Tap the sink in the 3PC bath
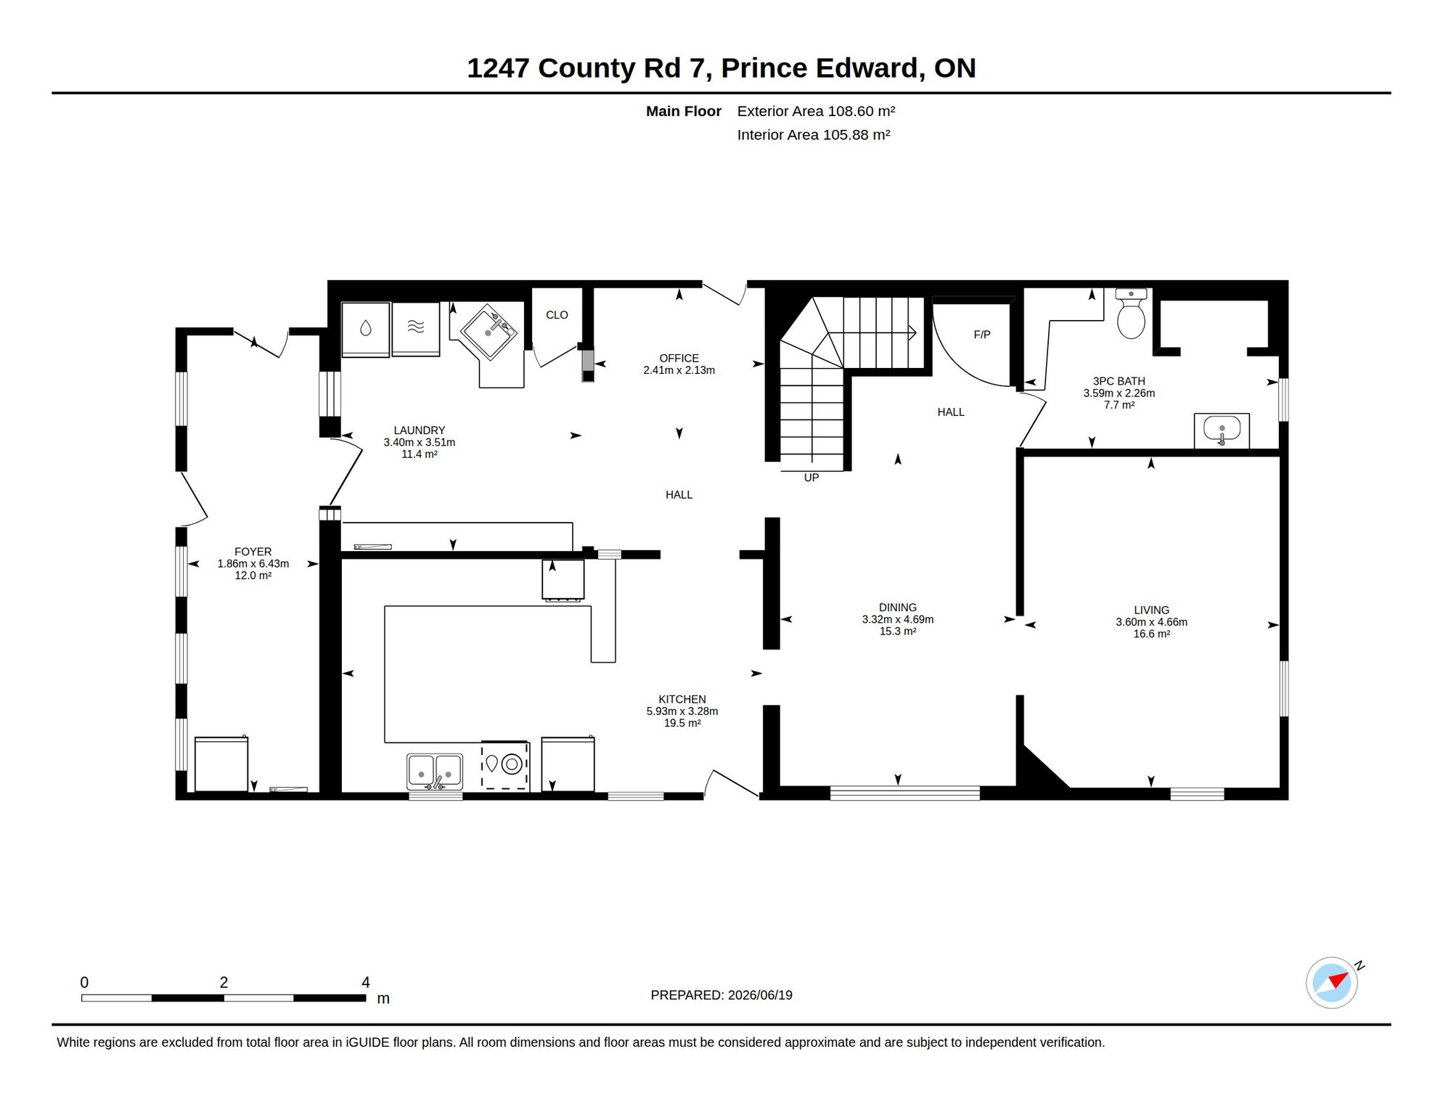pyautogui.click(x=1222, y=430)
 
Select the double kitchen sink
pyautogui.click(x=435, y=772)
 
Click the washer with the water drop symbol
pyautogui.click(x=366, y=330)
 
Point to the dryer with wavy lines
pyautogui.click(x=416, y=329)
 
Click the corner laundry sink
pyautogui.click(x=489, y=332)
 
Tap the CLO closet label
pyautogui.click(x=557, y=315)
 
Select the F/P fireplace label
pyautogui.click(x=982, y=335)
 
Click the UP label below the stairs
pyautogui.click(x=812, y=478)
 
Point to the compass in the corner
pyautogui.click(x=1332, y=983)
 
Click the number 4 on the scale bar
pyautogui.click(x=366, y=982)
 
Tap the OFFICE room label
pyautogui.click(x=679, y=359)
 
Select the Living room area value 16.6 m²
pyautogui.click(x=1151, y=634)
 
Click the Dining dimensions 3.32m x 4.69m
pyautogui.click(x=898, y=619)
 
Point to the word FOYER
pyautogui.click(x=253, y=552)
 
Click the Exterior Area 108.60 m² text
pyautogui.click(x=816, y=111)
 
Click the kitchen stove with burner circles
pyautogui.click(x=505, y=766)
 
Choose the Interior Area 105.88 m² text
pyautogui.click(x=814, y=135)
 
